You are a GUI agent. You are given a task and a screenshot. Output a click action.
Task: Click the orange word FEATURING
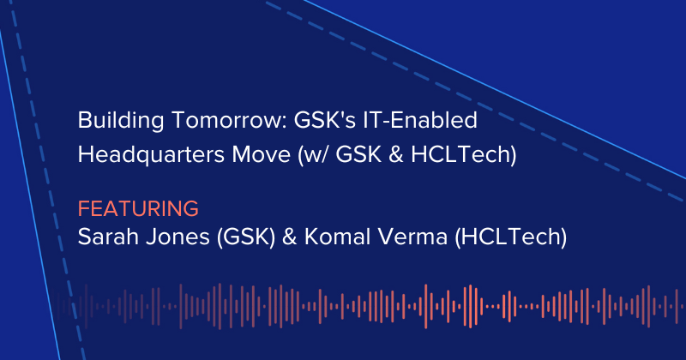tap(138, 208)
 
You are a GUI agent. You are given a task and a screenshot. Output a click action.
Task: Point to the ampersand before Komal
tap(271, 237)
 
